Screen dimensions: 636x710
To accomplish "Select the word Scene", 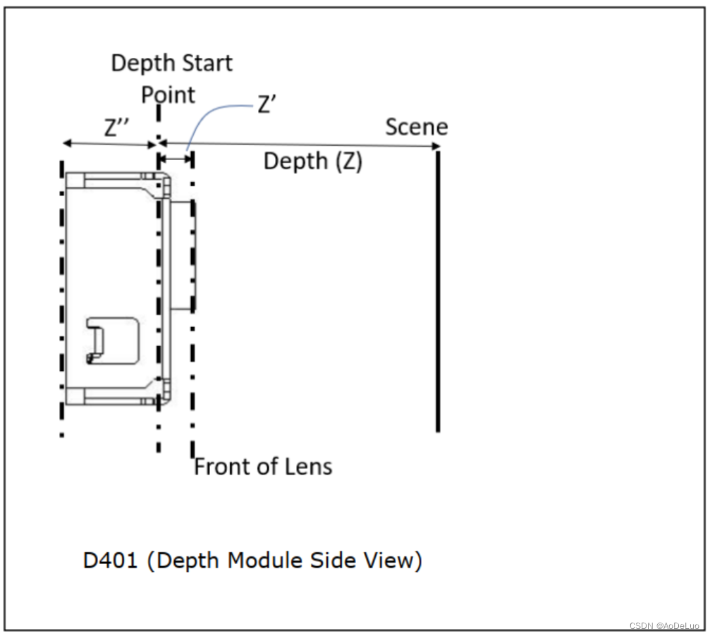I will (416, 127).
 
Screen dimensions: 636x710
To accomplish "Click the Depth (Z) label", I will (312, 161).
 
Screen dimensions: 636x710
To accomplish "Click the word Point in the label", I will (169, 94).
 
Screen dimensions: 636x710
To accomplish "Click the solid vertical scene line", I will (438, 289).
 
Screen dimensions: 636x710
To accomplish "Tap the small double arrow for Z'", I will (176, 159).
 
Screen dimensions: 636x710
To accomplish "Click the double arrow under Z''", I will (109, 144).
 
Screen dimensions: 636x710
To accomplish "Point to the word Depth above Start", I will (140, 63).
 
